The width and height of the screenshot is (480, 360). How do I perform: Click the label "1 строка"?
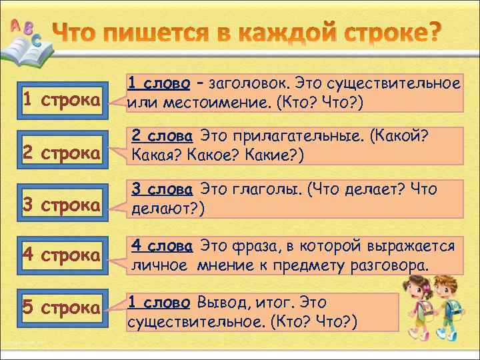(61, 99)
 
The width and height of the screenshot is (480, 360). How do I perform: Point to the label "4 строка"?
(61, 255)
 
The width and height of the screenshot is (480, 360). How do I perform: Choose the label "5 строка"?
(61, 307)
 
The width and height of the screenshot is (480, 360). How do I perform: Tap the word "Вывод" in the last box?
(216, 303)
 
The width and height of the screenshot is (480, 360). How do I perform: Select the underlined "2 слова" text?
(162, 137)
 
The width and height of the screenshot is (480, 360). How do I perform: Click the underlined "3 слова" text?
(162, 189)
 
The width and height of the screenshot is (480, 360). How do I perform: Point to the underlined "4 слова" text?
(162, 246)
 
